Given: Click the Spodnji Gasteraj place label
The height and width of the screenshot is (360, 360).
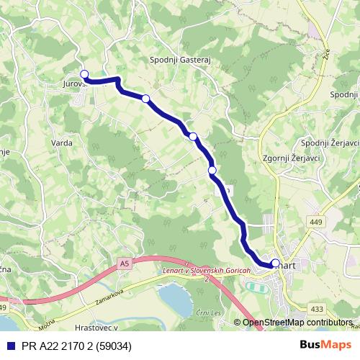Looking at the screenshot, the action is point(179,60).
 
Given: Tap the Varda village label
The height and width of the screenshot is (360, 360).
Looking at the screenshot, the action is point(62,143).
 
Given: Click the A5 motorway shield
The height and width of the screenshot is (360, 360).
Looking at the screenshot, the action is point(126,264).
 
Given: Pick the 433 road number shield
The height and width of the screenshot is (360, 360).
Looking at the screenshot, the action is point(317,308).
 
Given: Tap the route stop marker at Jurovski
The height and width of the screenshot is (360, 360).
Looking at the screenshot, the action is point(84,74).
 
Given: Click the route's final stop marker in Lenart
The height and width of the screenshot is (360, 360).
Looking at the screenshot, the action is point(275,263).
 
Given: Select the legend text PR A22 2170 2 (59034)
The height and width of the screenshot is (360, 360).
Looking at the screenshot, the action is point(75,345).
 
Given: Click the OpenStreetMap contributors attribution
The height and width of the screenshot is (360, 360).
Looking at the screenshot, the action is point(297,323).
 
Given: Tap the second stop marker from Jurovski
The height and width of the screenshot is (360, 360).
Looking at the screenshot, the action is point(146,98).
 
